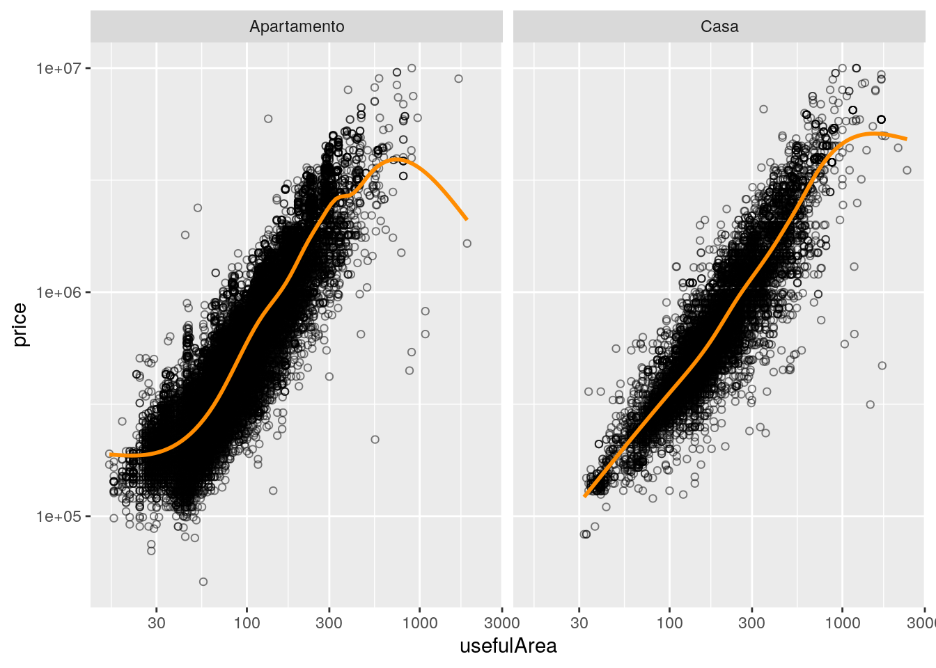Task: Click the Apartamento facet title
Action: point(297,26)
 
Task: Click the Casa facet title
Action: point(719,26)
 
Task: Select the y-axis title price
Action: point(19,324)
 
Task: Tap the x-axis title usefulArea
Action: point(508,646)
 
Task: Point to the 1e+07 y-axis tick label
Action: point(58,68)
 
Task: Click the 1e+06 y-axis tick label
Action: point(58,292)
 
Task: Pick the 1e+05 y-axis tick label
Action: point(58,516)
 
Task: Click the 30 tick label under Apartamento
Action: point(157,623)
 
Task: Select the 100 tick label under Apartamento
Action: point(247,623)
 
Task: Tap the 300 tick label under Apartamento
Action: point(329,623)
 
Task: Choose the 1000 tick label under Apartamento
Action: point(419,623)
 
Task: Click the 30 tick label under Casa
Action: point(579,623)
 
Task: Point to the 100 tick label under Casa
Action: point(669,623)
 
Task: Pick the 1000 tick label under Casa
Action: point(842,623)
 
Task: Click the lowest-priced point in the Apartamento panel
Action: point(203,582)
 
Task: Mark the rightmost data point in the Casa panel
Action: point(907,170)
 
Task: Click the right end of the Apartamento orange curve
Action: point(467,219)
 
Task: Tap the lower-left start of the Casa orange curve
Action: point(585,496)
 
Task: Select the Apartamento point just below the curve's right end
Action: point(467,244)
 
